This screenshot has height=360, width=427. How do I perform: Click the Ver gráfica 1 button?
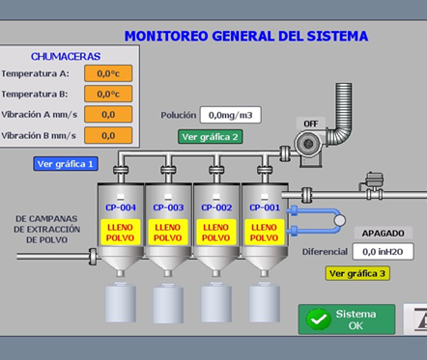click(66, 164)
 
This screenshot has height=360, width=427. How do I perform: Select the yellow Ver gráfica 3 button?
click(357, 273)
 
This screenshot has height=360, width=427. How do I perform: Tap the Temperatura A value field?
click(108, 73)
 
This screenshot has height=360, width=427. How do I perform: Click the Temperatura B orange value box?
click(108, 94)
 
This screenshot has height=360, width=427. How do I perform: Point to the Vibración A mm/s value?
click(108, 114)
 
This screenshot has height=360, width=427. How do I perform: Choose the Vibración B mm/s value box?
click(108, 135)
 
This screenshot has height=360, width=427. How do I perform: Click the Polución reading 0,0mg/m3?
click(230, 115)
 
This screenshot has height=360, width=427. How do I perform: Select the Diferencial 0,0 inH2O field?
click(383, 251)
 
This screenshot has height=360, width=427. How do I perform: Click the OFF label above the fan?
click(311, 124)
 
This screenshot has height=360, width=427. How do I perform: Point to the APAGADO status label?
click(384, 233)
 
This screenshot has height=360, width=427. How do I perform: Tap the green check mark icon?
click(319, 319)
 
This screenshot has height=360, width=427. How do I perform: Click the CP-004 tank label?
click(121, 208)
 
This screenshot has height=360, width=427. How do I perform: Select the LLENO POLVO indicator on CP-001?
click(265, 233)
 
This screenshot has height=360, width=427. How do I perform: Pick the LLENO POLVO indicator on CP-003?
click(168, 233)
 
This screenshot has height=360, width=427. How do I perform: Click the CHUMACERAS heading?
click(66, 57)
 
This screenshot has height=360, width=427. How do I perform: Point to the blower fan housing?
click(308, 145)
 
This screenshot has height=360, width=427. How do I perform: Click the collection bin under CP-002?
click(216, 302)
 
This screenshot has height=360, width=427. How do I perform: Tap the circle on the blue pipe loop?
click(339, 220)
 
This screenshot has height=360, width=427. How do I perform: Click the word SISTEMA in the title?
click(337, 36)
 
